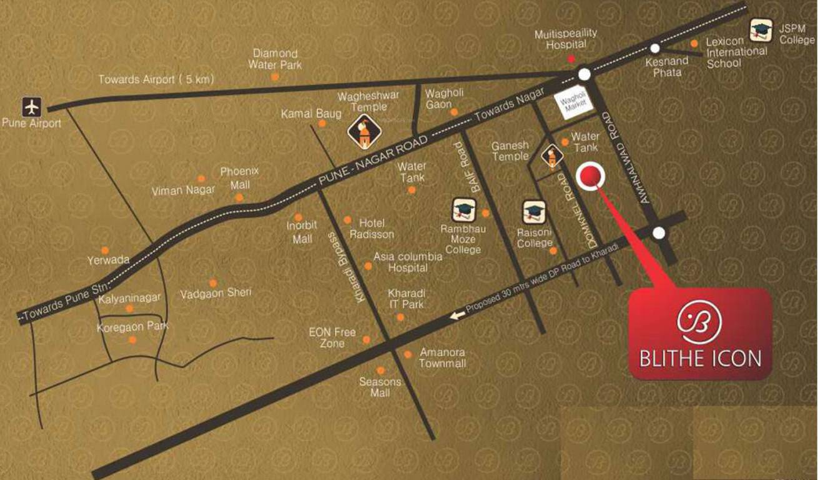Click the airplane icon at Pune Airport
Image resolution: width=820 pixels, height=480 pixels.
click(x=31, y=107)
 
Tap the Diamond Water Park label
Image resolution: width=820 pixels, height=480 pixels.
click(x=275, y=59)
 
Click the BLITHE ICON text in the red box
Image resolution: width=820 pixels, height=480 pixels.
click(x=700, y=358)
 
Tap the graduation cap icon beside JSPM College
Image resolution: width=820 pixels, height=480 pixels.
click(x=761, y=29)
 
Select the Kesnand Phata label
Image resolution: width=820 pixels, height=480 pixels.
click(x=667, y=66)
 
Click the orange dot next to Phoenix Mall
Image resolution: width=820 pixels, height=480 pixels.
click(x=239, y=197)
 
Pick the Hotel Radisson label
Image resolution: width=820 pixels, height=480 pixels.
click(x=372, y=229)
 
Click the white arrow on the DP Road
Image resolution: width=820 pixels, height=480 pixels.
click(x=458, y=316)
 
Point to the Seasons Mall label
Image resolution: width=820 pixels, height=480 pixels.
click(x=380, y=387)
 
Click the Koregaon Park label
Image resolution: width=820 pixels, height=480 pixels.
click(x=132, y=326)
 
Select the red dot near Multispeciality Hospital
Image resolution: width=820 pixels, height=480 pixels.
click(x=570, y=59)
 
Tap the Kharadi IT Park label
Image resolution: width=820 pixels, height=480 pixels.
click(x=407, y=299)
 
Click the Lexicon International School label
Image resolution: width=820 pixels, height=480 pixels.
click(x=736, y=52)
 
